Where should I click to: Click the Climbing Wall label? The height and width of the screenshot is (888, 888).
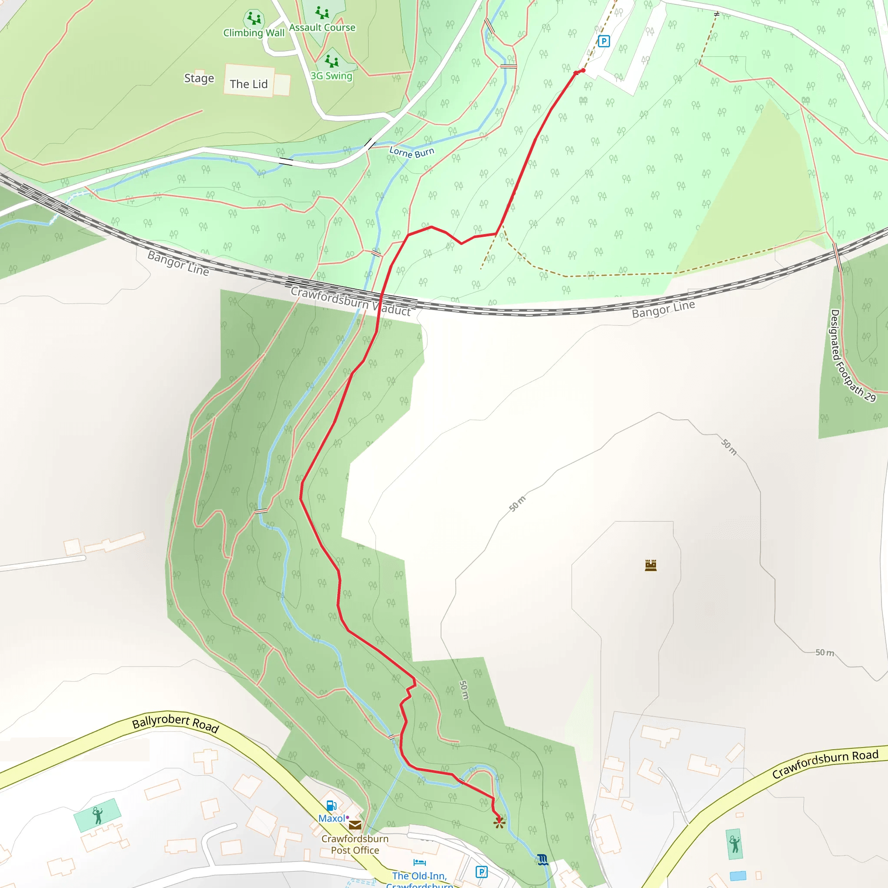point(254,33)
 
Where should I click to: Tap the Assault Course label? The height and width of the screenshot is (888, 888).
point(322,28)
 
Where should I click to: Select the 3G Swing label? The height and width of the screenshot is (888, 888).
point(331,76)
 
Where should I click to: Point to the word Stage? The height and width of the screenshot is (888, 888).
point(199,78)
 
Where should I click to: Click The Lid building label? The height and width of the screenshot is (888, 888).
point(248,84)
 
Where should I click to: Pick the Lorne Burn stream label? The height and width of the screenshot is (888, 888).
point(411,152)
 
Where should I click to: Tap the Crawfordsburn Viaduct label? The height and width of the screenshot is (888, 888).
point(351,301)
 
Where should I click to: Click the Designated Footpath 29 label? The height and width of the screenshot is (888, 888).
point(852,355)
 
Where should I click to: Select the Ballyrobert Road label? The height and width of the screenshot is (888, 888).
point(176,722)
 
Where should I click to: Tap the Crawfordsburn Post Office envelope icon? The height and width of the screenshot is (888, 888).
point(355,825)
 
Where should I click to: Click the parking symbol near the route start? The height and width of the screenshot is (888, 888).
point(604,41)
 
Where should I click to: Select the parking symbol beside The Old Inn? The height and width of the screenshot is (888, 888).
point(481,872)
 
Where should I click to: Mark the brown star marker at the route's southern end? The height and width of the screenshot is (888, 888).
point(499,823)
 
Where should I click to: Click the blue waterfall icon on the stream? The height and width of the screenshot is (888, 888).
point(543,859)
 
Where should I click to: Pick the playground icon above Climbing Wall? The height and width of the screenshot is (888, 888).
point(254,19)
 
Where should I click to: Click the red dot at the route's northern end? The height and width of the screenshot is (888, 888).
point(583,70)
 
